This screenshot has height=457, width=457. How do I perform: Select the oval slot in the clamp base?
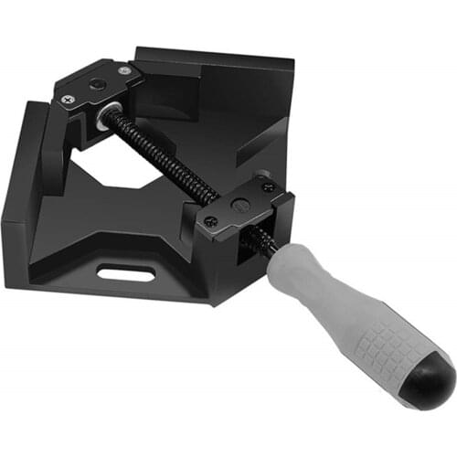[124, 271]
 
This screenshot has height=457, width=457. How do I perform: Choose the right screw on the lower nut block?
[267, 186]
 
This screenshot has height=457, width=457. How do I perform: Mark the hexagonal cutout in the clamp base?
[137, 183]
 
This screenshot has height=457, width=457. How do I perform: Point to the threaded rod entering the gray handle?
[268, 240]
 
